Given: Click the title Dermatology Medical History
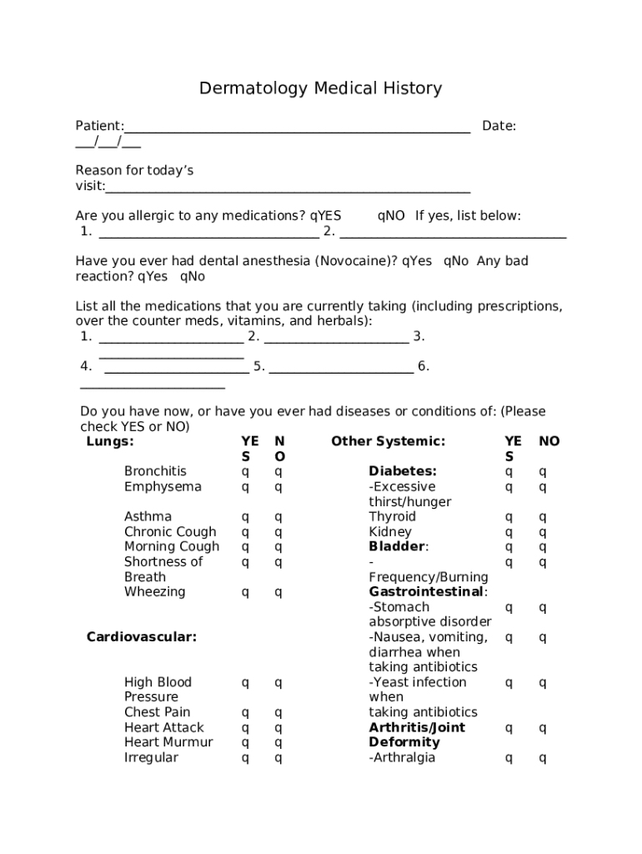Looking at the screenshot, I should [320, 88].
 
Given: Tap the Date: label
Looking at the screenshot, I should [499, 126].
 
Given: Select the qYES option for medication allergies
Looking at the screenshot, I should [326, 216].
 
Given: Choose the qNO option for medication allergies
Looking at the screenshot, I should [391, 216].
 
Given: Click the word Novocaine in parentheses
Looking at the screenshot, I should [353, 261].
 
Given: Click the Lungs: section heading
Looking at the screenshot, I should [110, 441].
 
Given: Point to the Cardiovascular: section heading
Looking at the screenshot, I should [142, 637].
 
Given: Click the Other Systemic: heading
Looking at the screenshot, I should [388, 441].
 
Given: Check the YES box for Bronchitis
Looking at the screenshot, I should [245, 472].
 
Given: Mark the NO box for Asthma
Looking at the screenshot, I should [278, 517].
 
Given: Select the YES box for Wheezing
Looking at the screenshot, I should [245, 593].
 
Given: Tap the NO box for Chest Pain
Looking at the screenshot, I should [278, 713].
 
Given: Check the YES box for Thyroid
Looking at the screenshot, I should [509, 517].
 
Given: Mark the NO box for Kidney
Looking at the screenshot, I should [543, 532].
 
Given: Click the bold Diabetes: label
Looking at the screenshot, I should [403, 471].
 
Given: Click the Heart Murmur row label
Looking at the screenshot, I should [168, 742].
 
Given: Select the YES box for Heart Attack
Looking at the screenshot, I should [245, 728].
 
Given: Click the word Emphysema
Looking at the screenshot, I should [163, 486].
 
